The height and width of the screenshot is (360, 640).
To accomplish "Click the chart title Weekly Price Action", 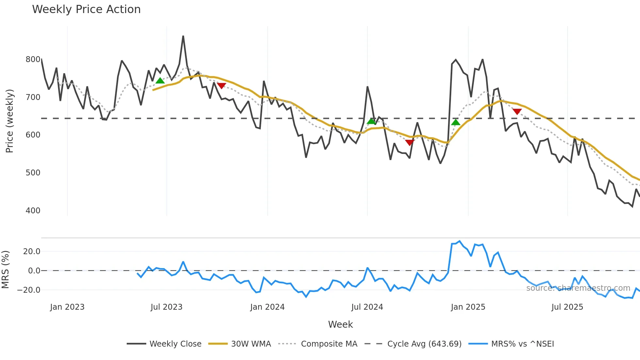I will pyautogui.click(x=86, y=9).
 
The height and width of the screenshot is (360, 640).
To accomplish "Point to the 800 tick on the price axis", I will pyautogui.click(x=33, y=59).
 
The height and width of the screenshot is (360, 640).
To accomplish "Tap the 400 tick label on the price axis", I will pyautogui.click(x=33, y=211).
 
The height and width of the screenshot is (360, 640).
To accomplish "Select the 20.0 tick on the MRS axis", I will pyautogui.click(x=32, y=252).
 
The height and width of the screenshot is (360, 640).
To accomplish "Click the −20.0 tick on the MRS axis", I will pyautogui.click(x=29, y=290).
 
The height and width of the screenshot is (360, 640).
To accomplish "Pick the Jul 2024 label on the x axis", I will pyautogui.click(x=367, y=307).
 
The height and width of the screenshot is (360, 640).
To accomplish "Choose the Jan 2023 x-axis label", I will pyautogui.click(x=67, y=307).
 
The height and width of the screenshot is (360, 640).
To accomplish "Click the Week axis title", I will pyautogui.click(x=340, y=324).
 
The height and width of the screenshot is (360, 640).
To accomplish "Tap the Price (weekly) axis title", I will pyautogui.click(x=9, y=121).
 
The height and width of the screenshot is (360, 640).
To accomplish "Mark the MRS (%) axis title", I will pyautogui.click(x=6, y=270).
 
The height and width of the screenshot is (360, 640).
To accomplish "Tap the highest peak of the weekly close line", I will pyautogui.click(x=183, y=36).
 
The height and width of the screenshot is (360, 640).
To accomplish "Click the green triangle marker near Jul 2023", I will pyautogui.click(x=160, y=81).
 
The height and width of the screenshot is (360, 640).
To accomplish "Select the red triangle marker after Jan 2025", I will pyautogui.click(x=517, y=112).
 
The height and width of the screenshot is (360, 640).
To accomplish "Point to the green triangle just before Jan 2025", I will pyautogui.click(x=456, y=123).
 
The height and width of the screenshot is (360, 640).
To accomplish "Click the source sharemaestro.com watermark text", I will pyautogui.click(x=578, y=288).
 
